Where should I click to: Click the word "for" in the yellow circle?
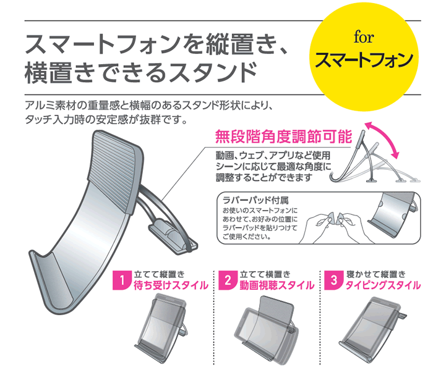364,38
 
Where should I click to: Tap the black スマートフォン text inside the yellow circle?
364,60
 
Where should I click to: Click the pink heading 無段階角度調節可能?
283,136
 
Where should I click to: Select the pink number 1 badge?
122,280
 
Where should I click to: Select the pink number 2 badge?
228,280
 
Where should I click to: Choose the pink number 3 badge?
333,280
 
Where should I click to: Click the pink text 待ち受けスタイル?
171,285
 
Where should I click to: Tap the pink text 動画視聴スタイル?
277,285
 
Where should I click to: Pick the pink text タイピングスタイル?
383,285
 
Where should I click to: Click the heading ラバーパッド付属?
255,200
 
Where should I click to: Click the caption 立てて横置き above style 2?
265,274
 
